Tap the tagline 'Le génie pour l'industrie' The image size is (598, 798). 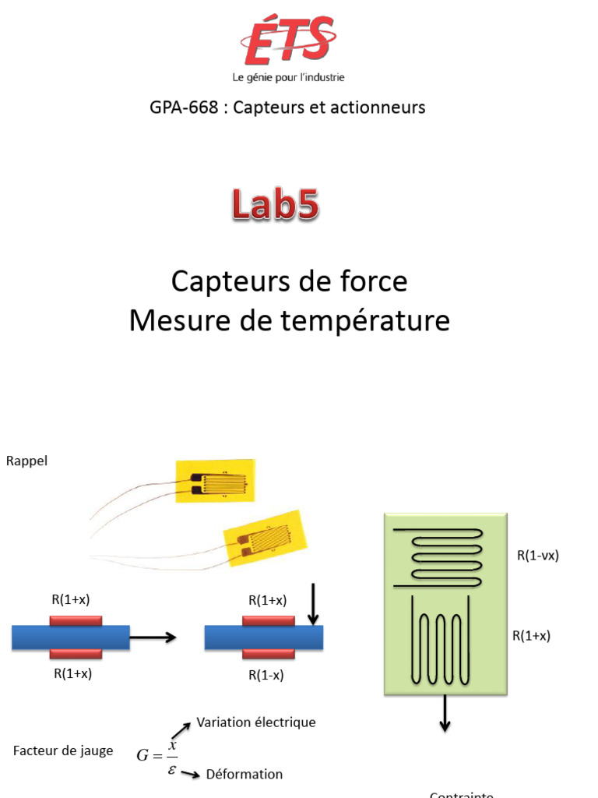tap(288, 77)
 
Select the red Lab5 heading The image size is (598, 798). tap(274, 206)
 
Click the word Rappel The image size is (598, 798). tap(26, 461)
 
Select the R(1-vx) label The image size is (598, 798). tap(538, 556)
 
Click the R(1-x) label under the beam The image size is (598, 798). tap(266, 675)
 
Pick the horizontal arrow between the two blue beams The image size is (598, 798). tap(153, 637)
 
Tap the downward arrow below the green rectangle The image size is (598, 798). tap(445, 712)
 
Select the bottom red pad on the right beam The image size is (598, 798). tap(269, 654)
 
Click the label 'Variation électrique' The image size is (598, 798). tap(256, 722)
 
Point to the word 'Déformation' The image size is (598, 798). tap(244, 774)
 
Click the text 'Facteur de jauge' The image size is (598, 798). tap(63, 751)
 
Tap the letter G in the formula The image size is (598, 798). tap(142, 754)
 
